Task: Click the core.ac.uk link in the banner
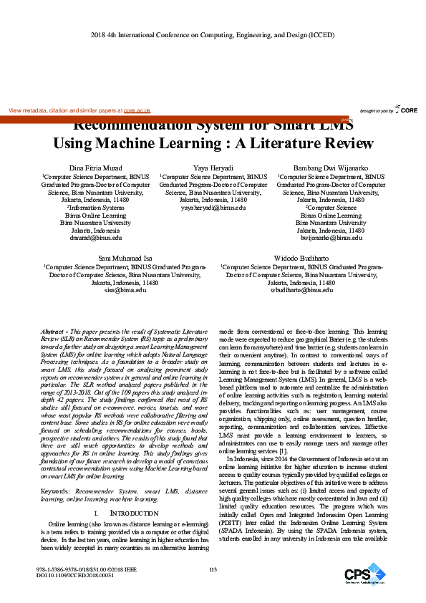click(x=137, y=111)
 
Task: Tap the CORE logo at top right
click(x=406, y=110)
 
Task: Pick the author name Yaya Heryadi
click(x=213, y=167)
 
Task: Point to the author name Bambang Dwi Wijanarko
click(x=330, y=167)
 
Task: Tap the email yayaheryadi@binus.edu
click(x=213, y=207)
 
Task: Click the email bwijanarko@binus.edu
click(x=330, y=237)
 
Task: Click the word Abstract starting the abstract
click(x=54, y=333)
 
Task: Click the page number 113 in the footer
click(x=213, y=569)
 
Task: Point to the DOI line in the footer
click(x=74, y=575)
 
